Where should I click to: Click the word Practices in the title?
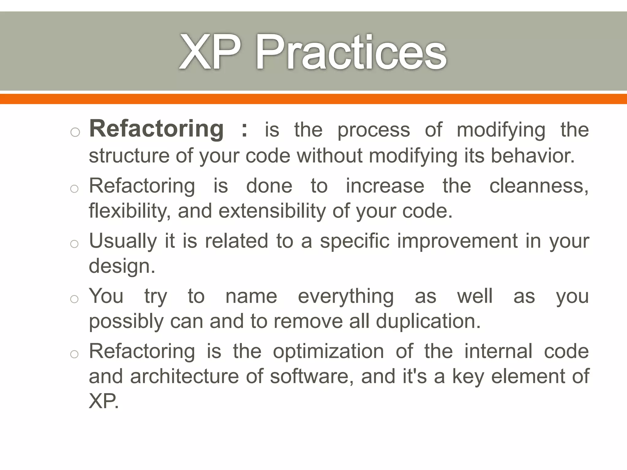351,53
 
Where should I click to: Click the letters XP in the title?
209,53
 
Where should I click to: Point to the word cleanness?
539,186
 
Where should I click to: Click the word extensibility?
272,211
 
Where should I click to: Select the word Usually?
123,241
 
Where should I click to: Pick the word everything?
346,296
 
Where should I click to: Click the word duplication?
428,321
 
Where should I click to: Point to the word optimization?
328,351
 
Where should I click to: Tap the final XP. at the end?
103,401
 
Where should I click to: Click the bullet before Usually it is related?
74,244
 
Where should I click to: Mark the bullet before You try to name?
74,299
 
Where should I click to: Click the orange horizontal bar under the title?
313,99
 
